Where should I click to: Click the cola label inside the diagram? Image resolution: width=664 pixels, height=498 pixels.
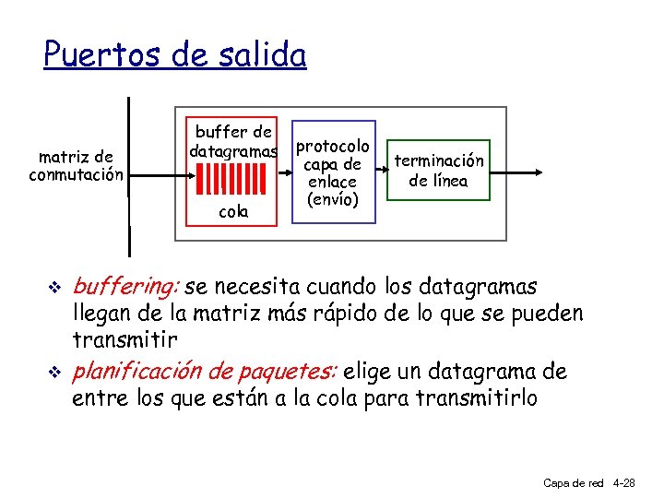click(x=233, y=211)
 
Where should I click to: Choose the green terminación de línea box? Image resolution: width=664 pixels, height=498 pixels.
click(x=438, y=171)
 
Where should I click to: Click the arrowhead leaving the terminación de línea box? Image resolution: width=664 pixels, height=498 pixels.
click(x=539, y=172)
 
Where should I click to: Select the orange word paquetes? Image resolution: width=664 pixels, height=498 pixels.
click(x=291, y=372)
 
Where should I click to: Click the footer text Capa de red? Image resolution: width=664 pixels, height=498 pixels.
click(x=573, y=482)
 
